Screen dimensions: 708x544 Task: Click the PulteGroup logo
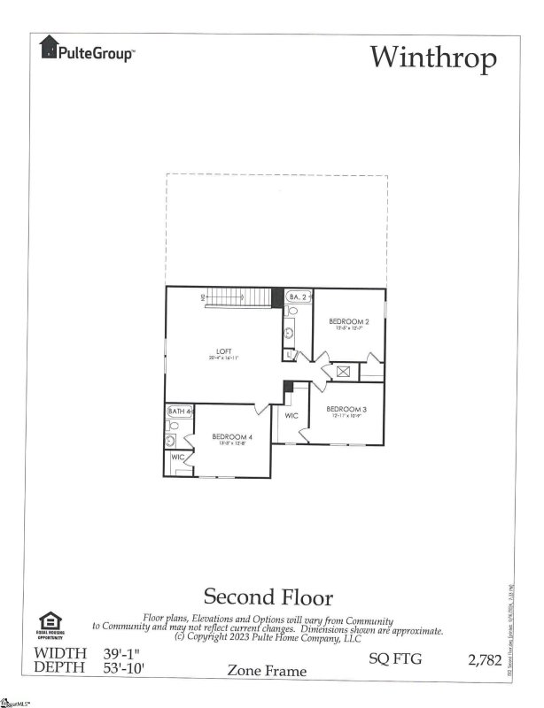point(87,51)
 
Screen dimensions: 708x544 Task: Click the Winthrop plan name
point(433,57)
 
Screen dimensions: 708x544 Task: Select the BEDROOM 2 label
point(348,322)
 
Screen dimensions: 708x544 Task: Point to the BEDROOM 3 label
point(345,410)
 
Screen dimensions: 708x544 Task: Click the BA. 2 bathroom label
point(299,298)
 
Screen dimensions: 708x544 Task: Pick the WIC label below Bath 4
point(177,458)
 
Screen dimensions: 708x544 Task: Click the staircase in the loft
point(239,298)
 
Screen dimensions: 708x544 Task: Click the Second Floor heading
point(268,596)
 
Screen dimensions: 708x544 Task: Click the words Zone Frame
point(268,671)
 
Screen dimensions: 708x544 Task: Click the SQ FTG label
point(392,658)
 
